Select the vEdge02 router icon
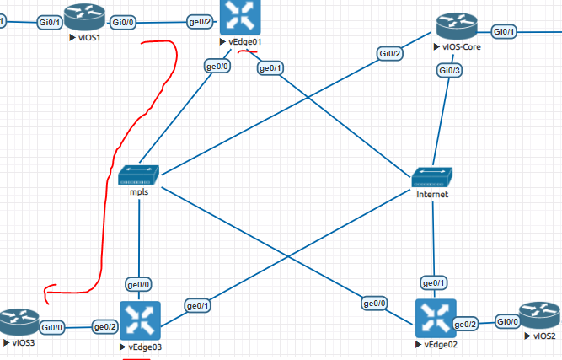(x=435, y=319)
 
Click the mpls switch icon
(x=139, y=175)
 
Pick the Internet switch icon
(x=432, y=177)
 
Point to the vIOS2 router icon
(x=540, y=317)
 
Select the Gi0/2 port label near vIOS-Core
(x=390, y=54)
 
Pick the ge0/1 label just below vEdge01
(x=270, y=67)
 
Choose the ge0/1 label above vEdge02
(x=435, y=283)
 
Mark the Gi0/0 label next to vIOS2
(x=507, y=321)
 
